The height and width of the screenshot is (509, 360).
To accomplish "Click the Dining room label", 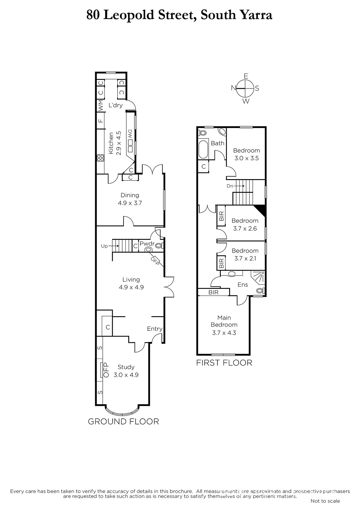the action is click(x=130, y=195).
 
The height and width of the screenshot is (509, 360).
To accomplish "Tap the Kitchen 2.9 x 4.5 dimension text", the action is click(x=118, y=143).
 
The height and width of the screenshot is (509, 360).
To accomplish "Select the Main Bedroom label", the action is click(x=224, y=321).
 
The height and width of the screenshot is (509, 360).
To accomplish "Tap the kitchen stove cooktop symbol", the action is click(x=100, y=158).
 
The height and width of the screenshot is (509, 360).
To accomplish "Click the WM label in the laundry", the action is click(x=101, y=106).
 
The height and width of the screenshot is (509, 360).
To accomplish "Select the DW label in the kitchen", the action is click(x=130, y=134).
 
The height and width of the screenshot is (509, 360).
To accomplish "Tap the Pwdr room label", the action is click(x=147, y=244).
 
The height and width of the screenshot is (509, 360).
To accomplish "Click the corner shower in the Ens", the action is click(x=258, y=277).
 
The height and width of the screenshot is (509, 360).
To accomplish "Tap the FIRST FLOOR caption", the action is click(x=224, y=363).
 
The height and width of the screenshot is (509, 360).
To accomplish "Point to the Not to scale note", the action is click(x=325, y=501).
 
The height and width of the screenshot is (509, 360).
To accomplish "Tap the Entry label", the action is click(x=155, y=329).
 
